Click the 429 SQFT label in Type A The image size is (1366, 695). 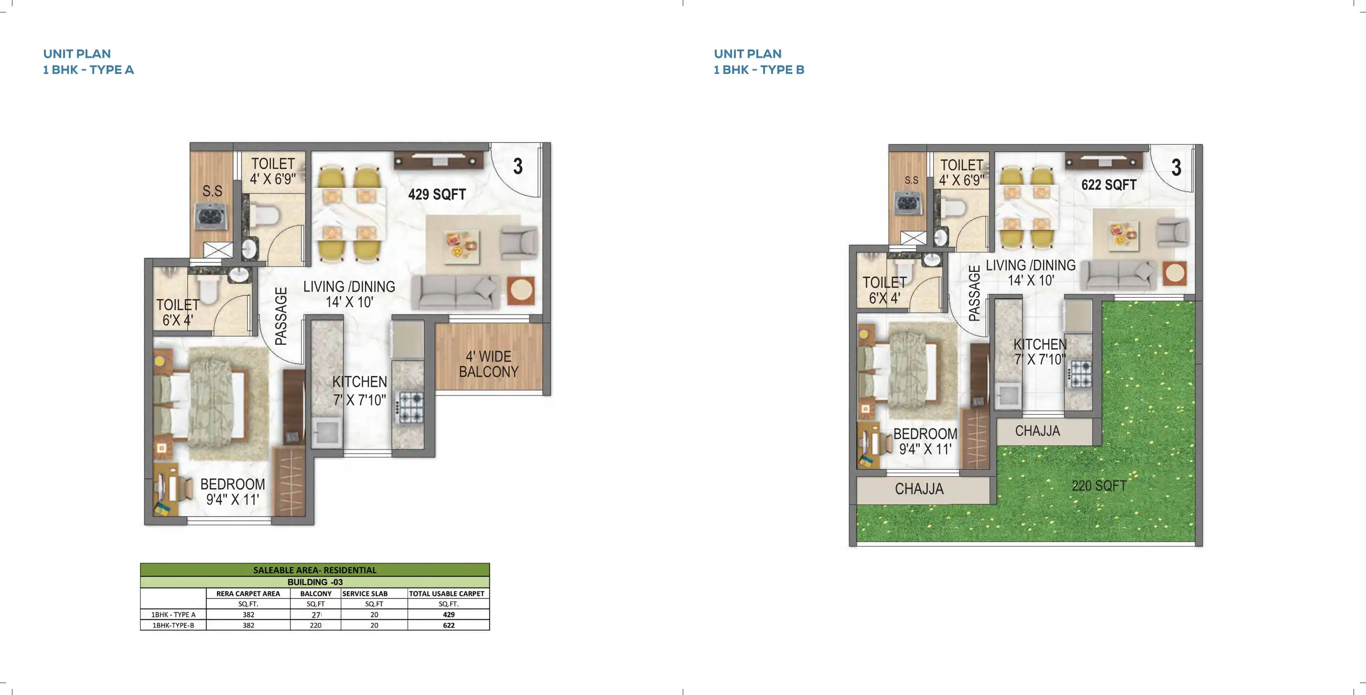(x=437, y=194)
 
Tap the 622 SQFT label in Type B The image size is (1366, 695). (x=1108, y=185)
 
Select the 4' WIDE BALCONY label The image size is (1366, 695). (x=488, y=364)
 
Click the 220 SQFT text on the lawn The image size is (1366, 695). (x=1099, y=486)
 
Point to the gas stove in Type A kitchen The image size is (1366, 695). (x=410, y=406)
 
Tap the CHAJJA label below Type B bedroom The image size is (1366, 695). (x=919, y=489)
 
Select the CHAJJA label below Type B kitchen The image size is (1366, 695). (x=1037, y=431)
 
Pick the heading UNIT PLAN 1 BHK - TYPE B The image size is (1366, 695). (x=758, y=62)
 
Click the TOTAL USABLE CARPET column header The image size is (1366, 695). (x=447, y=594)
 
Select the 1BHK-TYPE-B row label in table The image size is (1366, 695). (x=173, y=626)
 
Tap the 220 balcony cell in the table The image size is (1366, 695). (x=315, y=626)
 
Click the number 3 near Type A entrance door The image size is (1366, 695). (x=517, y=166)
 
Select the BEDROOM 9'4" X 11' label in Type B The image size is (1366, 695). (x=925, y=441)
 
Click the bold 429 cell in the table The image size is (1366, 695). (x=449, y=615)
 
